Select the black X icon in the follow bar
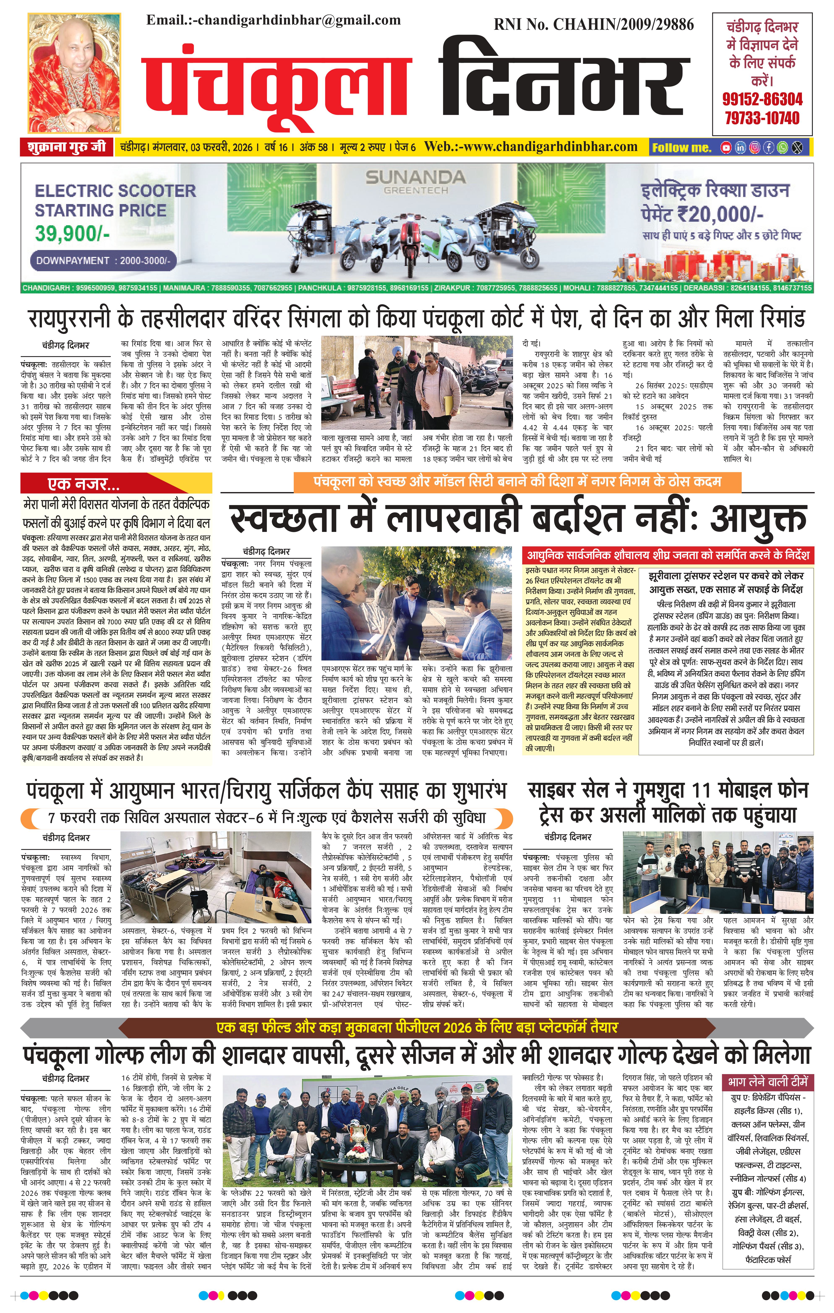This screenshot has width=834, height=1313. (x=797, y=147)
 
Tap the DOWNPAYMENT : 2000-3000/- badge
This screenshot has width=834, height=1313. (x=103, y=261)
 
